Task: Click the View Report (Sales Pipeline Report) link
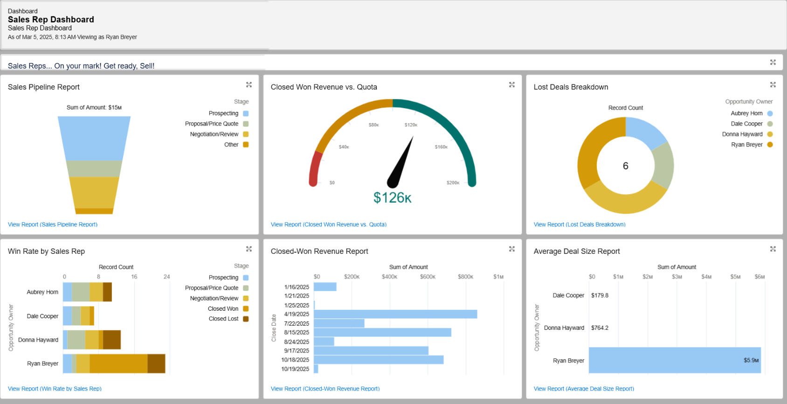53,224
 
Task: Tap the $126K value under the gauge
392,198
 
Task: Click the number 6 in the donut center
625,166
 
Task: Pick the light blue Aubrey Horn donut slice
646,130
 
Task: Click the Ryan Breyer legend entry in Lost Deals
746,145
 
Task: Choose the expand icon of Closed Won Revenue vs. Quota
511,84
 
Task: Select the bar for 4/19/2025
395,314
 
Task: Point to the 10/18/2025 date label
295,360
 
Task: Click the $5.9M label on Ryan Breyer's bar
751,360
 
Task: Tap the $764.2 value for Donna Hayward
600,328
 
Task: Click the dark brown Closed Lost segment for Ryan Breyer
156,364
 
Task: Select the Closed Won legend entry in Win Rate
223,309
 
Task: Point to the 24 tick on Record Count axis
166,277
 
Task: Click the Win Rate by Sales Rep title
46,251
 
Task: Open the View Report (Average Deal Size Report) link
584,389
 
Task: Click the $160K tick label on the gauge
441,147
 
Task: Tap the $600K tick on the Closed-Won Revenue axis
428,277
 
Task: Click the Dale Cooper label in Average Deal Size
568,295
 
